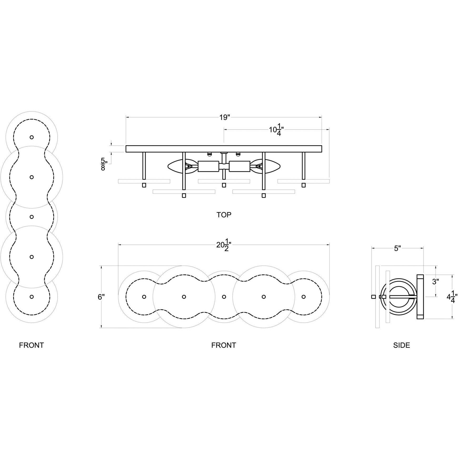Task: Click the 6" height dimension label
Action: tap(101, 297)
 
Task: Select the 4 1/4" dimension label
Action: tap(452, 297)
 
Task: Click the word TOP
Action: tap(224, 215)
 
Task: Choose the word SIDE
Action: tap(401, 345)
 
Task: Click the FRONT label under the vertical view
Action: tap(31, 345)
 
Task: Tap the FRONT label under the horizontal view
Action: tap(224, 345)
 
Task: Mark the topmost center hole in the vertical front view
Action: tap(32, 137)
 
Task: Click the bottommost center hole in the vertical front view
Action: tap(32, 297)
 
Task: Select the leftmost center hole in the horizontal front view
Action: tap(144, 297)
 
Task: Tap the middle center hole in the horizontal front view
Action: tap(224, 297)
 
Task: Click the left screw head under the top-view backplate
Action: tap(210, 154)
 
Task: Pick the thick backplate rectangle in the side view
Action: tap(420, 297)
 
